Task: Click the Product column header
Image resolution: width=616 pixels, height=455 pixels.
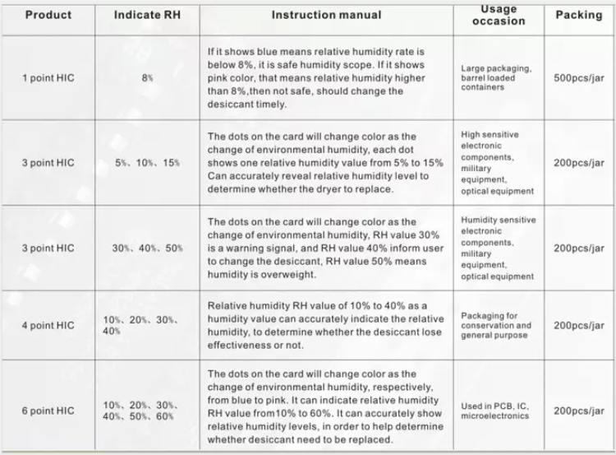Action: click(48, 15)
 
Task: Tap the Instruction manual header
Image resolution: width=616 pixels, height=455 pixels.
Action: click(326, 15)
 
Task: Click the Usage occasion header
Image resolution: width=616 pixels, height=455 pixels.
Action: click(499, 15)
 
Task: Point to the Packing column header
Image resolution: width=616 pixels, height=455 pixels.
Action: click(579, 15)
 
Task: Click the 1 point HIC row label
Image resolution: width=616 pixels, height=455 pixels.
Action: click(48, 78)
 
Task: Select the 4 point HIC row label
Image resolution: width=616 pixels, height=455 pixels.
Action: click(48, 325)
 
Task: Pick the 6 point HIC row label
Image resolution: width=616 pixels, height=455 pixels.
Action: click(48, 411)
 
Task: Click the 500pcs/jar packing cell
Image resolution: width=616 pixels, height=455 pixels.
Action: click(579, 78)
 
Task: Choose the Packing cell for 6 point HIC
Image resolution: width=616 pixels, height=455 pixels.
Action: click(579, 411)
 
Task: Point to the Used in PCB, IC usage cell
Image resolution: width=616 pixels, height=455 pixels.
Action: click(496, 411)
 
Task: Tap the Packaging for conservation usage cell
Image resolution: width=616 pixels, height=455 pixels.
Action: click(496, 325)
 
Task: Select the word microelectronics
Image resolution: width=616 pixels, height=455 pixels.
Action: click(495, 416)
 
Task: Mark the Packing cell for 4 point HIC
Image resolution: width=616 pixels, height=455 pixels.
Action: click(579, 325)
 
